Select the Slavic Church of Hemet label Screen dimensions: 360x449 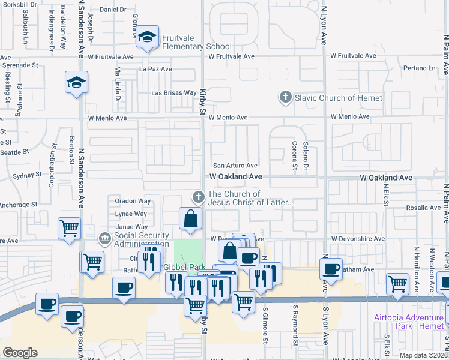point(338,98)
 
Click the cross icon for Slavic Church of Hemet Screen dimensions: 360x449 point(285,97)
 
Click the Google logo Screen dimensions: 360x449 point(19,352)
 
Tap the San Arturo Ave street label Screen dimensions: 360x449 point(236,166)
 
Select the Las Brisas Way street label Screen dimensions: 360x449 point(174,93)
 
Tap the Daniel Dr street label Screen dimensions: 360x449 point(113,10)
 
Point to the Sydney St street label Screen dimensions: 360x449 point(25,176)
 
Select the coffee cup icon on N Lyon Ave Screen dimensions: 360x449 point(330,269)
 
